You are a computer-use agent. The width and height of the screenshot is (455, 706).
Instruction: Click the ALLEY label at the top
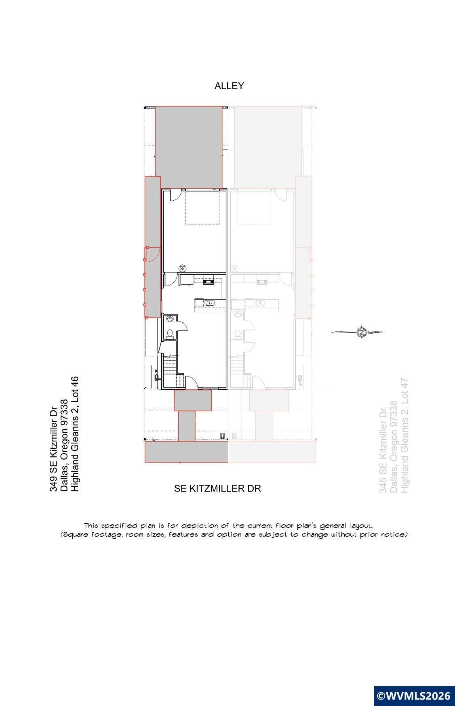point(229,86)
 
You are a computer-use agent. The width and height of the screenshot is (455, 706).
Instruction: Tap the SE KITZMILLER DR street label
point(217,488)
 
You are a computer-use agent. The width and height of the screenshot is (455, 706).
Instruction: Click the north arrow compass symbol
point(361,332)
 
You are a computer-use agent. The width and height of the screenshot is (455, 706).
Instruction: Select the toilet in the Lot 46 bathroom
point(170,333)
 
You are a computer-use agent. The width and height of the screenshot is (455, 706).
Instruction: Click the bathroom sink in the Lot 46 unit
point(170,319)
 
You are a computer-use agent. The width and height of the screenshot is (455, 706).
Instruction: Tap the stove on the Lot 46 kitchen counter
point(208,280)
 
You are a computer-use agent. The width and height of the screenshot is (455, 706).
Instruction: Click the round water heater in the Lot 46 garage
point(183,268)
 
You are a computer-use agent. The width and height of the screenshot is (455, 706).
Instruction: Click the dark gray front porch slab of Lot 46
point(193,400)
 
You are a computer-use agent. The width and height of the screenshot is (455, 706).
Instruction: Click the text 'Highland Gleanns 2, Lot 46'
point(75,435)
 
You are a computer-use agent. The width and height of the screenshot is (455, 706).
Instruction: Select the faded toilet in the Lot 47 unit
point(238,334)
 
